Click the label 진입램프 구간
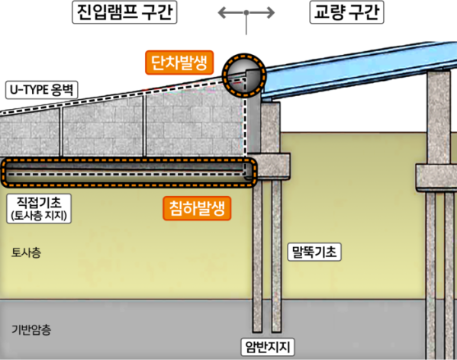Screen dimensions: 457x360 point(124,12)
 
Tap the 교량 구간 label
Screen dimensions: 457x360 point(346,12)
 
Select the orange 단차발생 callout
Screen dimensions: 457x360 point(179,63)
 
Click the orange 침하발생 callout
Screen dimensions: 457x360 point(197,208)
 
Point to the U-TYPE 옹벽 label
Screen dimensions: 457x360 point(42,90)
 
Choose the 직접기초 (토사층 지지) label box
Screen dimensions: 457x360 point(39,208)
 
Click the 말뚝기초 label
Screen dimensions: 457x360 point(314,252)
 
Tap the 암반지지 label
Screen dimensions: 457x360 point(268,346)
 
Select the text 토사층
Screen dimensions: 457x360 point(26,252)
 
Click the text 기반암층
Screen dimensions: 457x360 point(31,329)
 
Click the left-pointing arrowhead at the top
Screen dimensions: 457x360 point(223,13)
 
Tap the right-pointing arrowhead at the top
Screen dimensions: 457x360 point(270,13)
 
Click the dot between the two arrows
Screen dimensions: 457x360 point(246,12)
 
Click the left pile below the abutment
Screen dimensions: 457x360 point(257,256)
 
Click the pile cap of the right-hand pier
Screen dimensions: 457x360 point(436,178)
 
